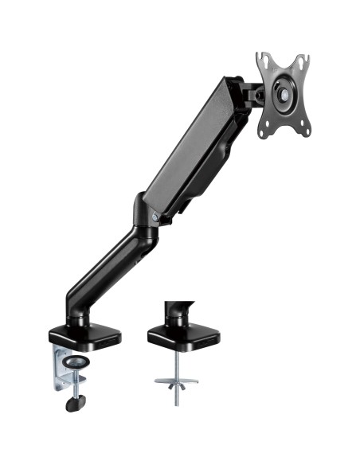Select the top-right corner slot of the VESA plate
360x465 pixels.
coord(303,61)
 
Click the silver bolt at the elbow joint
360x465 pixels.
coord(155,215)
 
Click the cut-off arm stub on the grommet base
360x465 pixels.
coord(177,311)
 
